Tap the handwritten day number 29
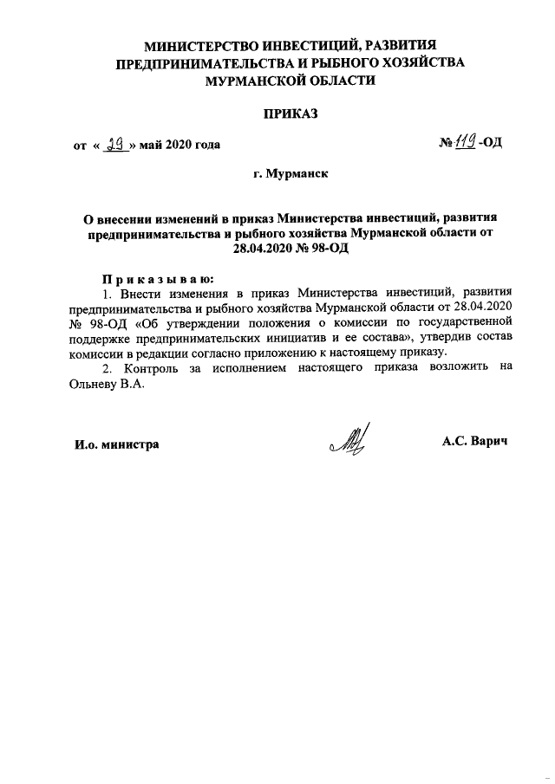(115, 143)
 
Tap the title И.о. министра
(115, 444)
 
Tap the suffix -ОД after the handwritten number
(491, 144)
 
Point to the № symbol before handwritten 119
(447, 144)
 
